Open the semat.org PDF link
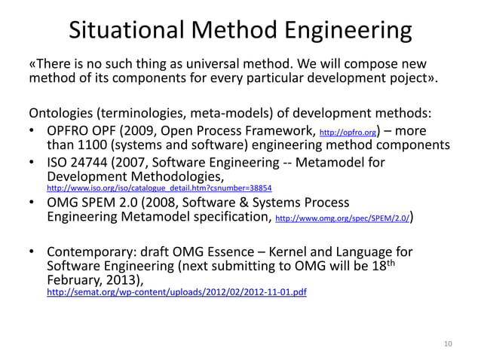pos(176,290)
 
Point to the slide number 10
pos(449,345)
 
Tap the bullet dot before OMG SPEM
pos(33,203)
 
